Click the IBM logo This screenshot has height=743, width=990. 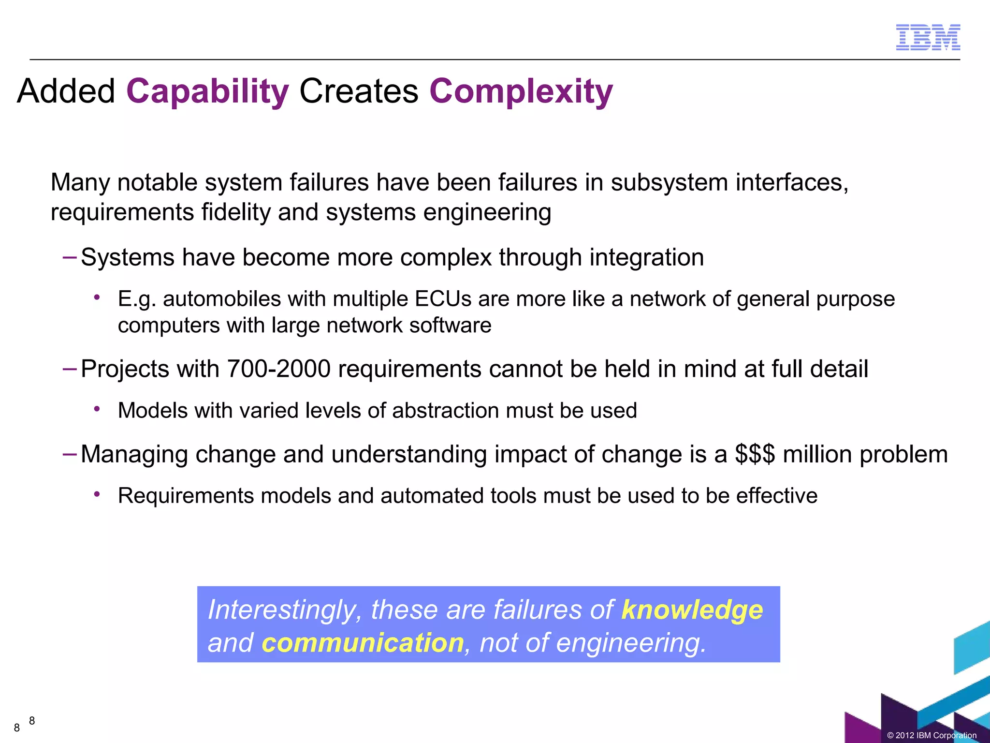928,37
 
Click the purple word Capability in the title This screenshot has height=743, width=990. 207,91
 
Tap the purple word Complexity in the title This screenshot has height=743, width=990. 521,91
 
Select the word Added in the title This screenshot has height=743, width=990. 66,91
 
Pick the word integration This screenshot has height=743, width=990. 646,257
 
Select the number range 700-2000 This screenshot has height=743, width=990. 278,369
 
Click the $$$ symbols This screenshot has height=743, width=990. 755,454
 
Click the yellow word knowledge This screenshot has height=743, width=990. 692,609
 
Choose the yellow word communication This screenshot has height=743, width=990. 363,643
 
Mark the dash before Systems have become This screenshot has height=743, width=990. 70,257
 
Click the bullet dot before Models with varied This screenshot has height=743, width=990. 97,409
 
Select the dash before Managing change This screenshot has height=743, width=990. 70,454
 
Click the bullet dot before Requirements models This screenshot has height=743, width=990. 97,494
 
